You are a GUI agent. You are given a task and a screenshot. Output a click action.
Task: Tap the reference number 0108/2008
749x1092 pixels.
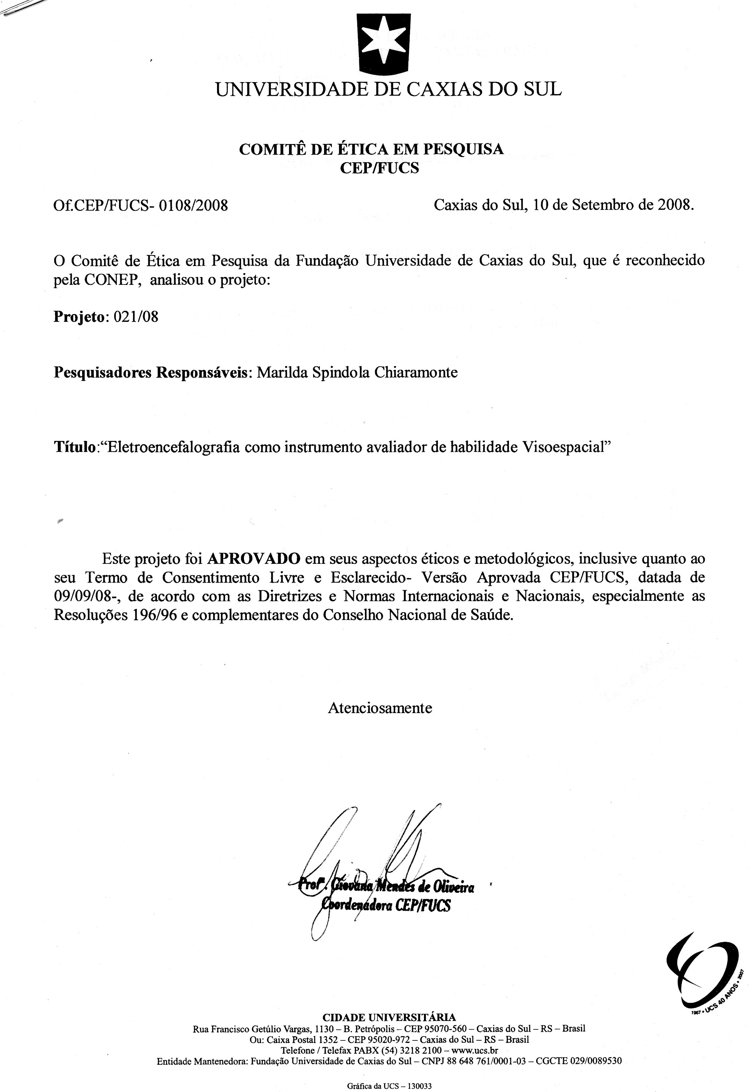(x=194, y=206)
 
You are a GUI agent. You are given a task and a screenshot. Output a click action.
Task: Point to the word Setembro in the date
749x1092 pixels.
(x=601, y=205)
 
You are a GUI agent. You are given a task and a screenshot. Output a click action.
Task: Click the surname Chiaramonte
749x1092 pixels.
(x=416, y=373)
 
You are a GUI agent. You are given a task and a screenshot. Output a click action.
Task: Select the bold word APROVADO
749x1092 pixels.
(x=254, y=559)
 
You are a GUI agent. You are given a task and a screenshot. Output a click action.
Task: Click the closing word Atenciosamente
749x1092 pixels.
(x=380, y=708)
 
